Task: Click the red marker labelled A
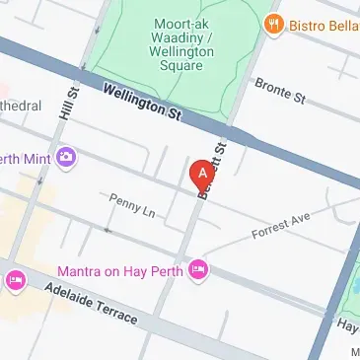coord(202,174)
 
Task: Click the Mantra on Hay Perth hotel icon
coord(199,268)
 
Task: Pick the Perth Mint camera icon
coord(66,156)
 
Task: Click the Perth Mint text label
coord(27,156)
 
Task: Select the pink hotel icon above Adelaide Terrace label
coord(16,281)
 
